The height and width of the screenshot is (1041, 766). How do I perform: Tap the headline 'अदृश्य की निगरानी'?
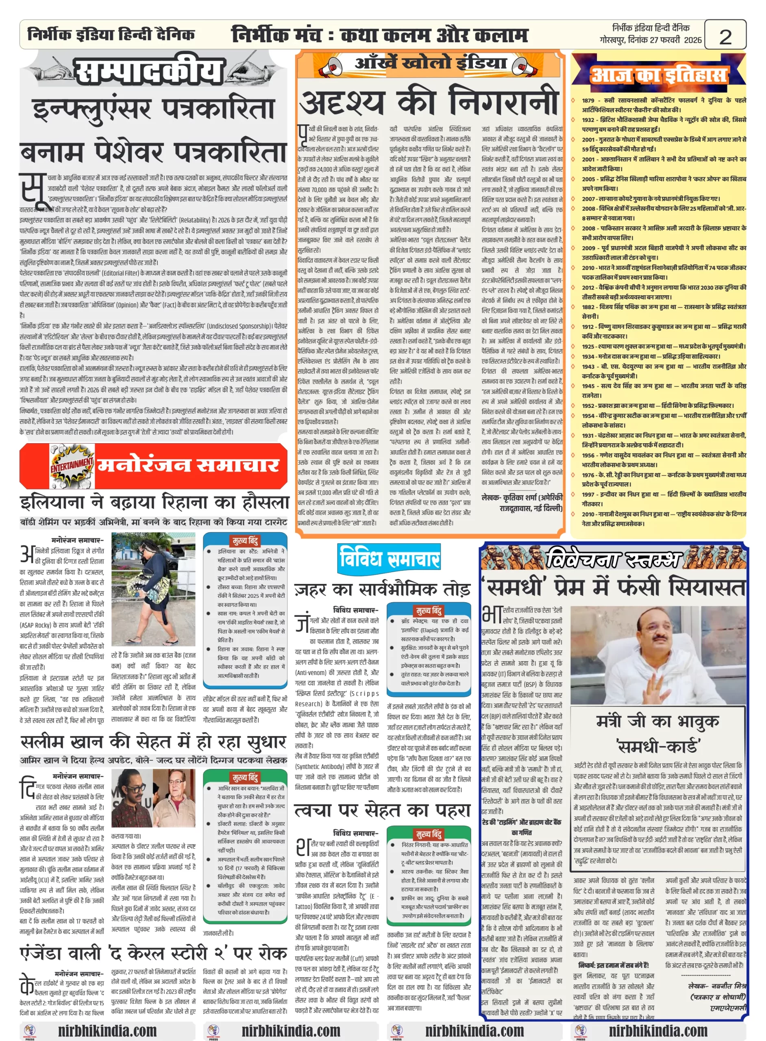(x=429, y=102)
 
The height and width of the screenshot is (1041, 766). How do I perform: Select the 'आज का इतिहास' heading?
(x=658, y=75)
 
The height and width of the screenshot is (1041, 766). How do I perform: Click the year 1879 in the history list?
(x=588, y=100)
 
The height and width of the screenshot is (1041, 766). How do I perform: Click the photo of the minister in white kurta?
(x=658, y=655)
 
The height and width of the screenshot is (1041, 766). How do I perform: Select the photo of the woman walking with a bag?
(x=153, y=589)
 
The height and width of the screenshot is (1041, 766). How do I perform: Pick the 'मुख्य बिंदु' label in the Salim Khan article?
(x=245, y=777)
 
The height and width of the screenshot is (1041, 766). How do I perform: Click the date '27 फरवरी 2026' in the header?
(x=676, y=40)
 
